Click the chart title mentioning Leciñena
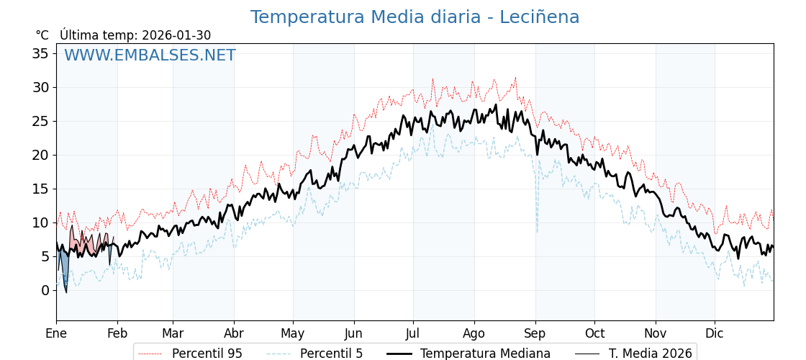coord(415,17)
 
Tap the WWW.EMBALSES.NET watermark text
coord(150,55)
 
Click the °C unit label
coord(42,35)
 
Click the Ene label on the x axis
coord(56,333)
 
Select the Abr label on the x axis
coord(234,333)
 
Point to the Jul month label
coord(413,333)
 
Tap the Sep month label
coord(535,333)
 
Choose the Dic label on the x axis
coord(715,333)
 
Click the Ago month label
coord(474,333)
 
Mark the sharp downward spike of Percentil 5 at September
coord(537,229)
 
